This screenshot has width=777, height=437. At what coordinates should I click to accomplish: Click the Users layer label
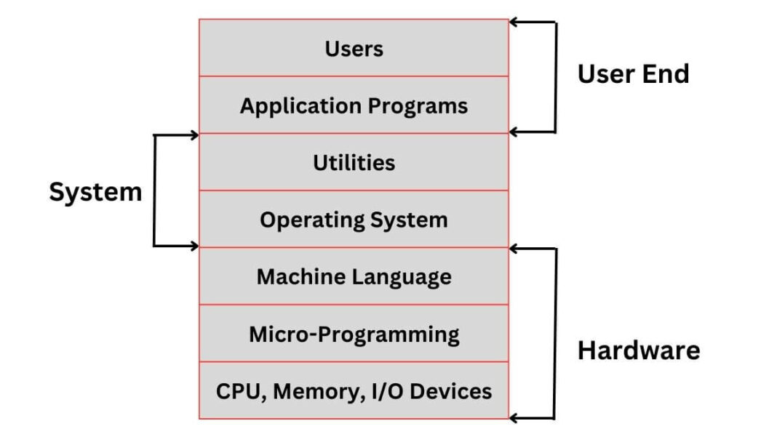pyautogui.click(x=354, y=49)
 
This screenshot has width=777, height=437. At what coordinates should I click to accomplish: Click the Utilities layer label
pyautogui.click(x=354, y=162)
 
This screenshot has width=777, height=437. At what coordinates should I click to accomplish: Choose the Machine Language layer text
pyautogui.click(x=354, y=277)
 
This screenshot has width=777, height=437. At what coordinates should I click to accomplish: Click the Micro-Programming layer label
pyautogui.click(x=354, y=334)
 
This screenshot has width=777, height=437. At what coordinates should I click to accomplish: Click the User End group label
pyautogui.click(x=633, y=73)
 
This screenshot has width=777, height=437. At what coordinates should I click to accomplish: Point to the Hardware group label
pyautogui.click(x=638, y=350)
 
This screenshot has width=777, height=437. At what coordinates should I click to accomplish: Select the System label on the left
pyautogui.click(x=95, y=192)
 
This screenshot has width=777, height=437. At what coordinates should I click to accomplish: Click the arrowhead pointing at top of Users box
pyautogui.click(x=514, y=23)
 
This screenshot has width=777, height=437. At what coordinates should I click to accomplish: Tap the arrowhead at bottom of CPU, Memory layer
pyautogui.click(x=514, y=418)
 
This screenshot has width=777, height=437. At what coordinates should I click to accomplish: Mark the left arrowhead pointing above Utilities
pyautogui.click(x=194, y=135)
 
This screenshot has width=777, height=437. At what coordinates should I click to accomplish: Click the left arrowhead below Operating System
pyautogui.click(x=194, y=246)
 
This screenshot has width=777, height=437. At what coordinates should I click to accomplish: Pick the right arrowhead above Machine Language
pyautogui.click(x=514, y=249)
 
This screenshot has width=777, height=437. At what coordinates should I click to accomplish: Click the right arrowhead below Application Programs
pyautogui.click(x=514, y=132)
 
